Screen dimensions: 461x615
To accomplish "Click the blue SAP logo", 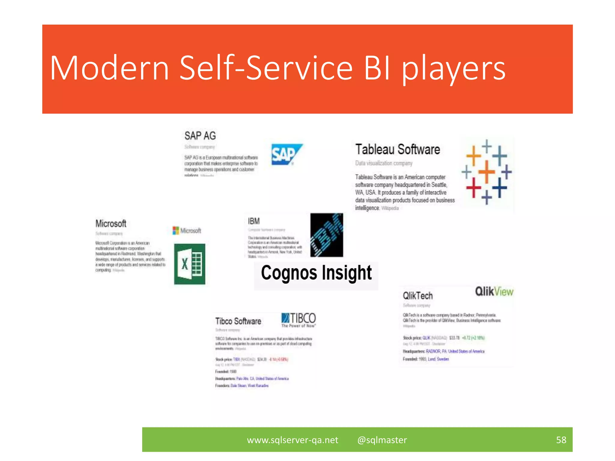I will pyautogui.click(x=286, y=154).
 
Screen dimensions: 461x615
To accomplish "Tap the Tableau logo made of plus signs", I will pyautogui.click(x=486, y=172).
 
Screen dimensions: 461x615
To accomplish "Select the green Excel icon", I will pyautogui.click(x=189, y=264).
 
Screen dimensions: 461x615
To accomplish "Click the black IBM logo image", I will pyautogui.click(x=326, y=235).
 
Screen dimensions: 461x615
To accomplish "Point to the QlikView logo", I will pyautogui.click(x=494, y=291).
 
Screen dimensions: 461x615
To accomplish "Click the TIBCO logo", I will pyautogui.click(x=298, y=320).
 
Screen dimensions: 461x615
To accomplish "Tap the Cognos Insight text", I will pyautogui.click(x=316, y=273).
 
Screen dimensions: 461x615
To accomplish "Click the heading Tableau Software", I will pyautogui.click(x=398, y=149).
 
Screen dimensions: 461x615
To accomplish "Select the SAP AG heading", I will pyautogui.click(x=200, y=136).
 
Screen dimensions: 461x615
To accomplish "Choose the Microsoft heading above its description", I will pyautogui.click(x=111, y=224).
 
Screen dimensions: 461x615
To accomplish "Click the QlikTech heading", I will pyautogui.click(x=418, y=296).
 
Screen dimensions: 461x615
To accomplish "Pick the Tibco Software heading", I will pyautogui.click(x=238, y=321).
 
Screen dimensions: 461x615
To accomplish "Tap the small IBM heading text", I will pyautogui.click(x=254, y=221).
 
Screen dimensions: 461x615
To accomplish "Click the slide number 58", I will pyautogui.click(x=561, y=440).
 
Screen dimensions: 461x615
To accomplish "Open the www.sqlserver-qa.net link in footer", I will pyautogui.click(x=292, y=440).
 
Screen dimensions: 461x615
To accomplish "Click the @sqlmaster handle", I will pyautogui.click(x=382, y=440).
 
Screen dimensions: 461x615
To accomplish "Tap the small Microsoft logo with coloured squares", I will pyautogui.click(x=187, y=230).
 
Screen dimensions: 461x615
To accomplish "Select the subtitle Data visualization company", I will pyautogui.click(x=384, y=163).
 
